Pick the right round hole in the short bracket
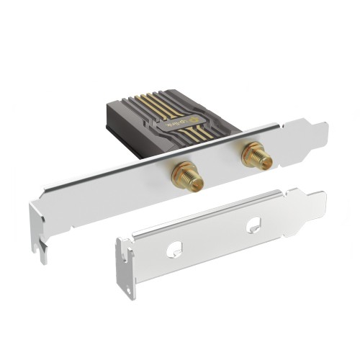pos(253,225)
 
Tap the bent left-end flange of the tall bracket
pos(36,220)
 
